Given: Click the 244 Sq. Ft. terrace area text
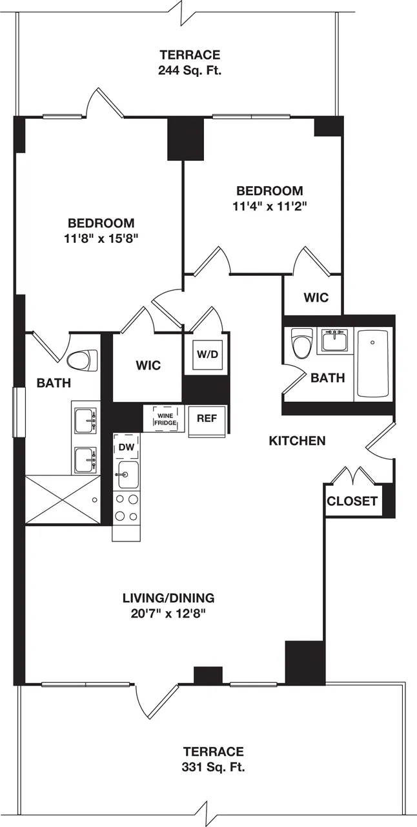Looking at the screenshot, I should [x=189, y=70].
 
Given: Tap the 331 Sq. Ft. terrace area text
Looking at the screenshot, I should [x=213, y=768].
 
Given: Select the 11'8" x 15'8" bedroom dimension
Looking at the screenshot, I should [x=101, y=238].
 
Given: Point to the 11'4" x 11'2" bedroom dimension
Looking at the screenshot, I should [x=269, y=206].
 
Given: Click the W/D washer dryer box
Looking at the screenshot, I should [x=207, y=354].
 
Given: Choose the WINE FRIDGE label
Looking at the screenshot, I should [x=165, y=417].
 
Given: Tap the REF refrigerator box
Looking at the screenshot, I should [x=207, y=419].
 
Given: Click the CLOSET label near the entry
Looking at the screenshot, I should [x=351, y=501].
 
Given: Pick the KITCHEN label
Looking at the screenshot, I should [x=297, y=441].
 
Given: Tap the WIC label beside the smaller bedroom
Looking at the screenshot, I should [x=316, y=298].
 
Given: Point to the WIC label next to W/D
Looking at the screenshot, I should [x=148, y=365].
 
